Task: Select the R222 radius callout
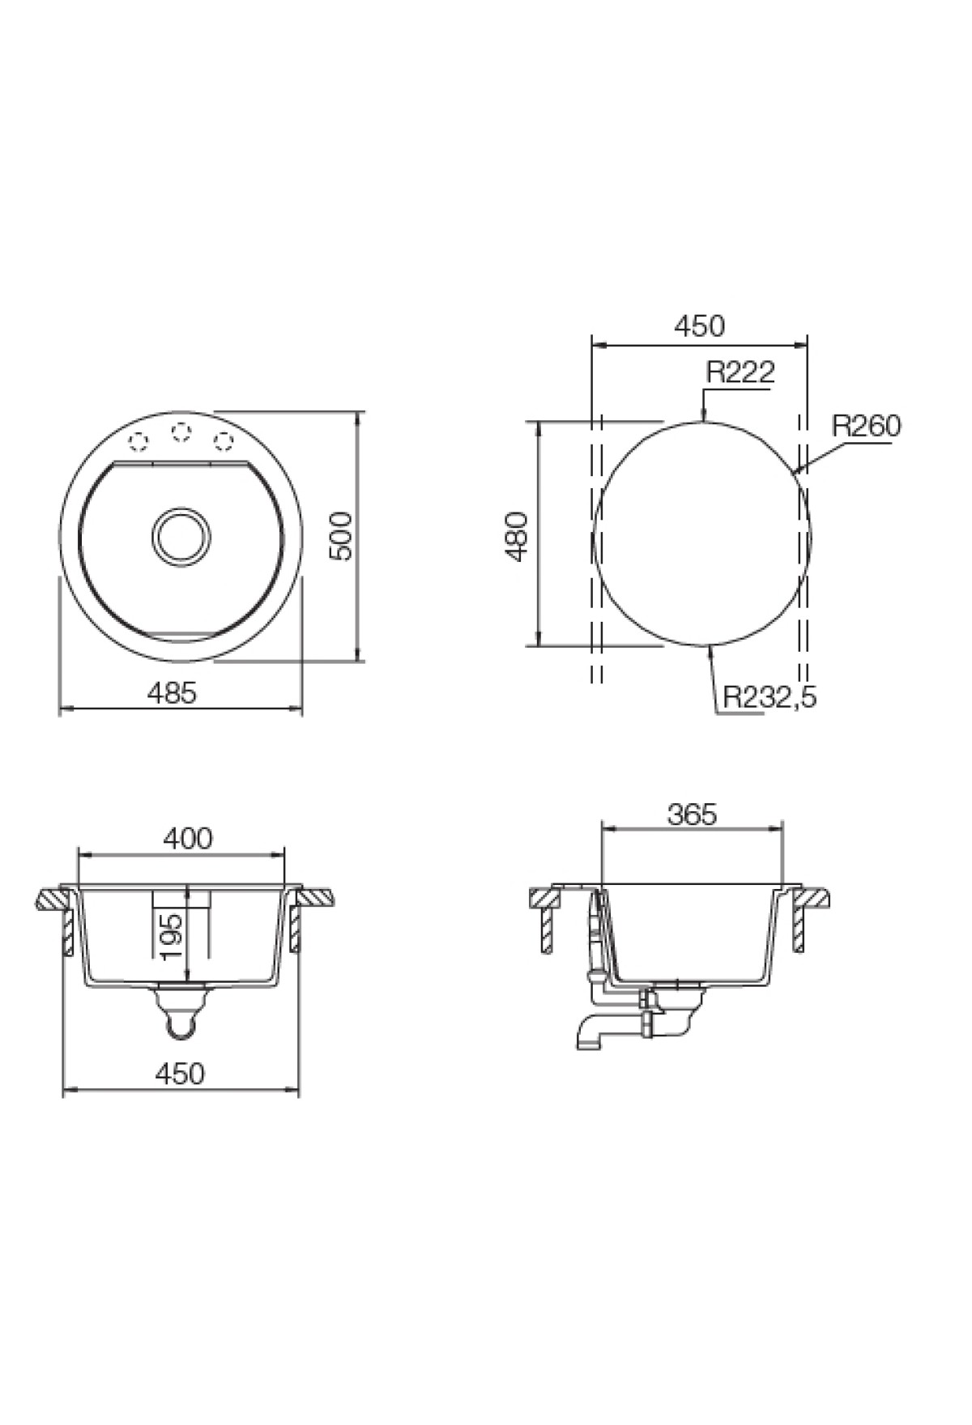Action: coord(740,372)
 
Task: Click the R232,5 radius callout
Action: coord(769,696)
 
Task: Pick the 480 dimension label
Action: coord(517,535)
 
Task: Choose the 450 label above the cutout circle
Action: coord(699,326)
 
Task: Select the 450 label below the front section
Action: coord(179,1074)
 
